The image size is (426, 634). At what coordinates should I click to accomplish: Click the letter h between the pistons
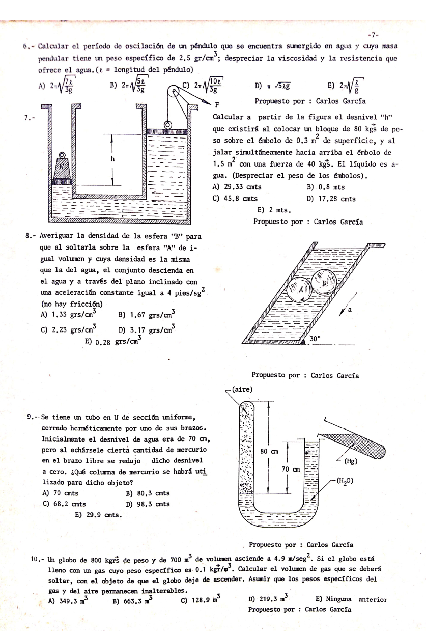click(112, 158)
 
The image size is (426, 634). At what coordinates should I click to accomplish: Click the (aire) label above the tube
click(243, 389)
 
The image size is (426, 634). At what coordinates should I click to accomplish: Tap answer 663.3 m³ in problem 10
click(132, 600)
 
